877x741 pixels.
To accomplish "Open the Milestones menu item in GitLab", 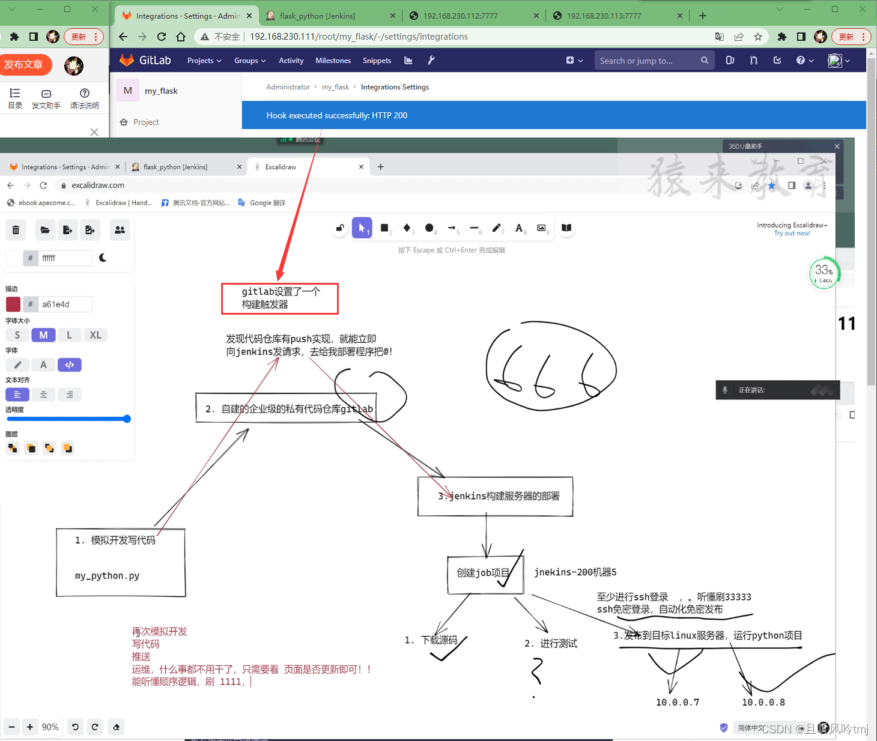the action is tap(333, 61).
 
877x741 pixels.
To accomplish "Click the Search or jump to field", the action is tap(646, 61).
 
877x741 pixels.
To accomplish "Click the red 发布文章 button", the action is tap(24, 65).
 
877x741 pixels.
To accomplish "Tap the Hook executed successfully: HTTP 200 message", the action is tap(336, 115).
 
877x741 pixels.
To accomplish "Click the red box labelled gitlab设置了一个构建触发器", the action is tap(280, 298).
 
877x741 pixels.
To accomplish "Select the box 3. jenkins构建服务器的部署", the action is tap(496, 497).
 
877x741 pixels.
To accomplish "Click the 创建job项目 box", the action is tap(483, 573).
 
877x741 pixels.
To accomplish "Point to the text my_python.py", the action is tap(107, 576).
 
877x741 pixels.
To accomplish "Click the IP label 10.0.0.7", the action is tap(677, 703).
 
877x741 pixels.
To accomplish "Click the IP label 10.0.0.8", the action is tap(763, 703).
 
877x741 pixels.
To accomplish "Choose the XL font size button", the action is tap(95, 335).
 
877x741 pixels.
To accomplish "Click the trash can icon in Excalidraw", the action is tap(16, 230).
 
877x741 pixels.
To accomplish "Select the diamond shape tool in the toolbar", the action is tap(407, 228).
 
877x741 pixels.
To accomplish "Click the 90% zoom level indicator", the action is tap(50, 727).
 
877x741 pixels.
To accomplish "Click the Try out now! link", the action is tap(792, 234).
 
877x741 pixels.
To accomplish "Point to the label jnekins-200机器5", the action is tap(575, 572).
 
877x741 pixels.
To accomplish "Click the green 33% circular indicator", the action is tap(824, 274).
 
